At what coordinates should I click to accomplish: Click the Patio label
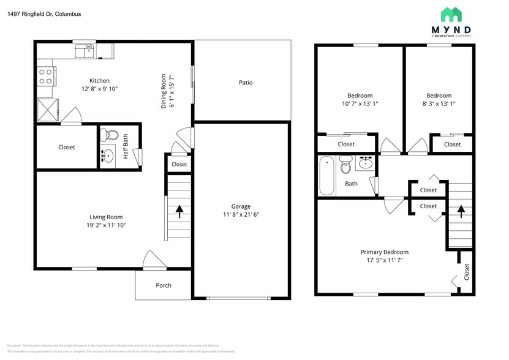(246, 83)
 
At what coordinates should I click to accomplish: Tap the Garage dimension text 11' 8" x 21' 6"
(241, 215)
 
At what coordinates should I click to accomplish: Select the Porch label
(164, 285)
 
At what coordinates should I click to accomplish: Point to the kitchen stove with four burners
(46, 76)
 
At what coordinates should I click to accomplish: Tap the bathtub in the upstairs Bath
(326, 176)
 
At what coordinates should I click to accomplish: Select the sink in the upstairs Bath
(366, 163)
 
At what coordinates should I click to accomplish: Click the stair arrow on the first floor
(179, 211)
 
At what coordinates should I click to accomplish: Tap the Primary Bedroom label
(384, 252)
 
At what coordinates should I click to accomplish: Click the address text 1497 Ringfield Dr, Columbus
(44, 13)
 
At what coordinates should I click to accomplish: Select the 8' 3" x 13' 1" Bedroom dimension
(439, 104)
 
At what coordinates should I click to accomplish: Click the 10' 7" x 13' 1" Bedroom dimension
(360, 104)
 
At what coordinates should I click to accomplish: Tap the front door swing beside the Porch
(153, 260)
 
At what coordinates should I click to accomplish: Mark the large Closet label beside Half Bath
(67, 148)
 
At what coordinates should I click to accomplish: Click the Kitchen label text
(99, 81)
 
